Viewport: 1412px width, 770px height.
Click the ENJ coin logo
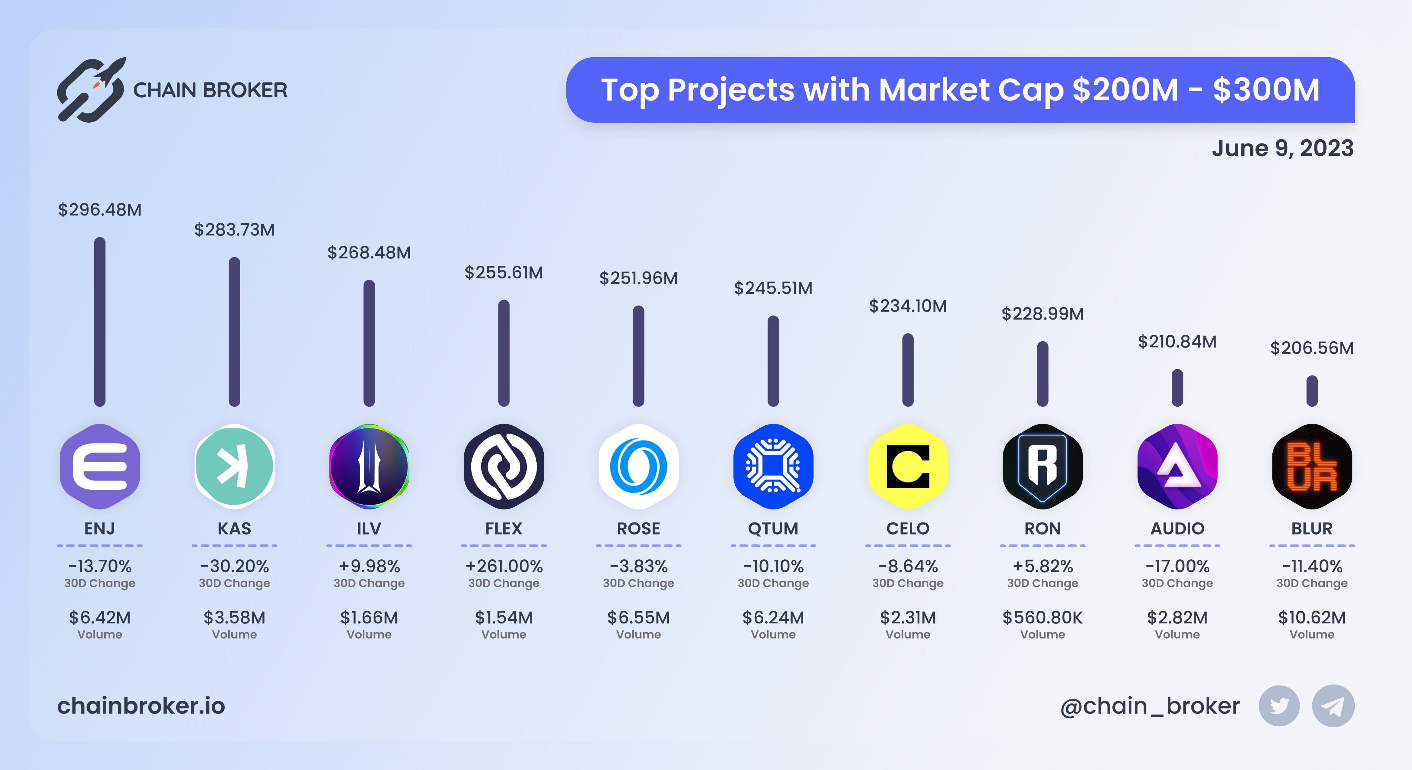click(100, 466)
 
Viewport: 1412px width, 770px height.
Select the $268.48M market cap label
click(369, 253)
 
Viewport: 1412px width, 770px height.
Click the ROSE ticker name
click(638, 528)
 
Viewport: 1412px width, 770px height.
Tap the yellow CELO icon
click(908, 466)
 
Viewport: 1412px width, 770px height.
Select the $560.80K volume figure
click(1042, 618)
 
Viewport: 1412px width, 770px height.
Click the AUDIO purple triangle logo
click(1177, 466)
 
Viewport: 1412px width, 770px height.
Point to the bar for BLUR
click(1312, 391)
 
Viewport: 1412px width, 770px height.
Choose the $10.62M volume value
click(1312, 618)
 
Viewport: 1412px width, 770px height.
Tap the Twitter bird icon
click(1279, 706)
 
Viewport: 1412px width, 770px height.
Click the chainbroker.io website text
click(141, 706)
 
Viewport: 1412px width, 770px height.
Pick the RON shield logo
click(1042, 466)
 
